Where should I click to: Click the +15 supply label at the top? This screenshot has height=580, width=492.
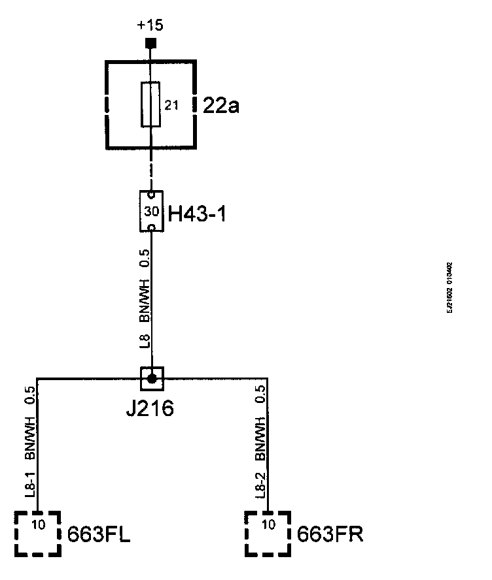[x=150, y=26]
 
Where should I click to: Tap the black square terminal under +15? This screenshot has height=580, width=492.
[x=151, y=44]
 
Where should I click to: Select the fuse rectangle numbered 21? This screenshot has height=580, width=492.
[x=151, y=105]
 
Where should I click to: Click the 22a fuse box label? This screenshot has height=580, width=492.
[x=222, y=105]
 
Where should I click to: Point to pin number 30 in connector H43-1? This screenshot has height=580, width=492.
[x=151, y=212]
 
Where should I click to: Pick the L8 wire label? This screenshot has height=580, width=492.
[x=145, y=341]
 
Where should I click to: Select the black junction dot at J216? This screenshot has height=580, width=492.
[x=152, y=378]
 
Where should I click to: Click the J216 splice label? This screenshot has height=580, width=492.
[x=150, y=410]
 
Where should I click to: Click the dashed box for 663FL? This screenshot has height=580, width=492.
[x=38, y=534]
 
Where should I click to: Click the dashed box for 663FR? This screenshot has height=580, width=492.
[x=268, y=534]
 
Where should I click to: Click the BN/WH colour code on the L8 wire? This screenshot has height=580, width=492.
[x=145, y=300]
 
